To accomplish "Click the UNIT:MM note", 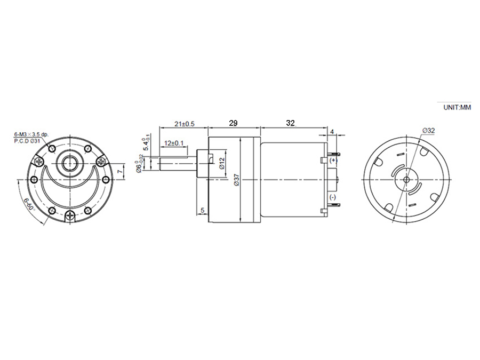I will (x=457, y=107).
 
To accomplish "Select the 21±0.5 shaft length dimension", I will (x=183, y=123).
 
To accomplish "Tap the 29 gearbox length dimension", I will (x=233, y=123).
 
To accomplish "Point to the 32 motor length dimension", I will (x=290, y=123).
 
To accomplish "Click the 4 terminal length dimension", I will (x=332, y=131).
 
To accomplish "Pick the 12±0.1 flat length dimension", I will (x=175, y=143).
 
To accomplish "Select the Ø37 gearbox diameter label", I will (x=237, y=181).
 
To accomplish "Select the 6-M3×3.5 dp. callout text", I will (x=31, y=134).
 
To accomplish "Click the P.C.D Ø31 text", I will (x=28, y=141).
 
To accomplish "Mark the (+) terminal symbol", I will (x=333, y=160).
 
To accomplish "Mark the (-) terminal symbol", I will (x=332, y=198).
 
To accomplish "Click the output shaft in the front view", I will (x=70, y=163).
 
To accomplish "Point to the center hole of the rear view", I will (x=407, y=179).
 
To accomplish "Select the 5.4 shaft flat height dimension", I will (x=145, y=144).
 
